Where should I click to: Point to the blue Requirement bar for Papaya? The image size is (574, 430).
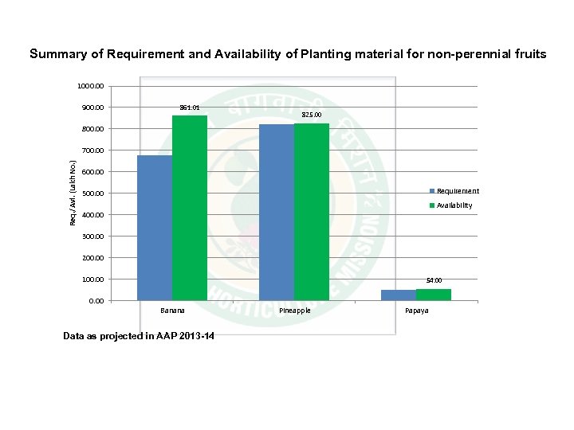[398, 295]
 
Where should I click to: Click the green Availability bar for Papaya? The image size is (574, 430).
[434, 295]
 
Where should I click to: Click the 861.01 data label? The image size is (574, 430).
[190, 107]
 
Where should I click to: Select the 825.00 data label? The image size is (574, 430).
[312, 115]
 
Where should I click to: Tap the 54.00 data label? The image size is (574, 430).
[434, 280]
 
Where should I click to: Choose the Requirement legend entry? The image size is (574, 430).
[454, 191]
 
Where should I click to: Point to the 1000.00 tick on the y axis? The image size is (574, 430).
[90, 86]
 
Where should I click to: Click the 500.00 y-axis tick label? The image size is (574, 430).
[92, 193]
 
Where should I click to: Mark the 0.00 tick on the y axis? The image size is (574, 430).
[96, 301]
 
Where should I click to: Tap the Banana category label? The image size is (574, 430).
[172, 311]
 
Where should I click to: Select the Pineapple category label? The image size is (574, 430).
[294, 311]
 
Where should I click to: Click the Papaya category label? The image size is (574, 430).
[416, 311]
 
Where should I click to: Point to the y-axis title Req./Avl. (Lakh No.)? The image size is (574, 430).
[73, 193]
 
